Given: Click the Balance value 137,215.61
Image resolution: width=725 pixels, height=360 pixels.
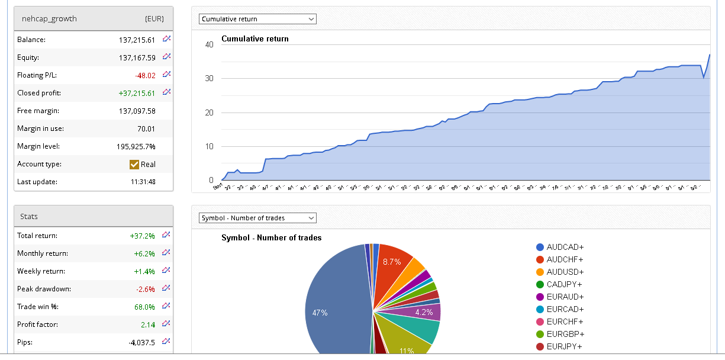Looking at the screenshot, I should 137,40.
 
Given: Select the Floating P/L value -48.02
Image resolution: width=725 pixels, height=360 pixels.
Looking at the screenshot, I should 144,75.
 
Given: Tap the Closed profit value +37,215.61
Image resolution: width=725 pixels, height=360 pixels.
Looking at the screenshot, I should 137,93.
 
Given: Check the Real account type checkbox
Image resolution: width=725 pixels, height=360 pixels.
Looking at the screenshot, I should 134,164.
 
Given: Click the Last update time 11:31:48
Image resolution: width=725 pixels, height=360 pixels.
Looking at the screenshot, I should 143,182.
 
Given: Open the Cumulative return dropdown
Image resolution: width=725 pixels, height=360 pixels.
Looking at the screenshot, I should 257,19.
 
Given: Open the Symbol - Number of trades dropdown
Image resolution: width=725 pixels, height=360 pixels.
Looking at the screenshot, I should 257,218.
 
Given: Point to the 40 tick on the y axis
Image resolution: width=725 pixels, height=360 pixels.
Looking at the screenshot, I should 209,45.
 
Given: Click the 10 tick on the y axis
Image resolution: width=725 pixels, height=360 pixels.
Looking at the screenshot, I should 209,147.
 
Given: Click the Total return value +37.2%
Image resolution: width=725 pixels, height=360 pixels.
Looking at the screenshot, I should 142,236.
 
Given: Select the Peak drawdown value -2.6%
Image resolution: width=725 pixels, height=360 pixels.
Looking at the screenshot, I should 145,289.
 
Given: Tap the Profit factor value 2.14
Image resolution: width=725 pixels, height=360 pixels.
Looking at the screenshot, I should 147,324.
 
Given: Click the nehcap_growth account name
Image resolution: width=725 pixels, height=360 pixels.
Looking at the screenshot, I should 49,18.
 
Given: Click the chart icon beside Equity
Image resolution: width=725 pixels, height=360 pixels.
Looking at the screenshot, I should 167,57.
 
